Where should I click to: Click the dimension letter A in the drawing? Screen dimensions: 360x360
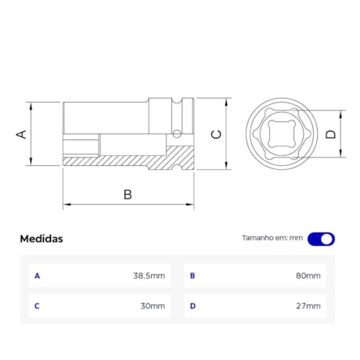click(22, 134)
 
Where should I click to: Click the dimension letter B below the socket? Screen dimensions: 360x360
click(128, 193)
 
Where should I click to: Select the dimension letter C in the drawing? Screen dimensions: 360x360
click(217, 134)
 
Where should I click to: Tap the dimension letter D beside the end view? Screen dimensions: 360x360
click(330, 134)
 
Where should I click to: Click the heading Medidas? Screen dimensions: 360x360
click(41, 239)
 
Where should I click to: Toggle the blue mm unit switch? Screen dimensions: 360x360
click(321, 239)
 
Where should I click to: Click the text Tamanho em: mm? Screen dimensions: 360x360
click(272, 239)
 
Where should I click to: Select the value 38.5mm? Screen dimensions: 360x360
click(149, 275)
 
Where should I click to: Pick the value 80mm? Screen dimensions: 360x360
click(308, 275)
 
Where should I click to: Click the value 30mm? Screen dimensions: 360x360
click(153, 306)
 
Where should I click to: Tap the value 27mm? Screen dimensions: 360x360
click(308, 306)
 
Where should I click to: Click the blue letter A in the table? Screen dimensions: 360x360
click(37, 275)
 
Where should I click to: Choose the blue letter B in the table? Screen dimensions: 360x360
click(193, 275)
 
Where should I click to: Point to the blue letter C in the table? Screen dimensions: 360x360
click(37, 306)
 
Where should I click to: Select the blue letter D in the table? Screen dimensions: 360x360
click(193, 306)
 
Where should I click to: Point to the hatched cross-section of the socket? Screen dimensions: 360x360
click(117, 161)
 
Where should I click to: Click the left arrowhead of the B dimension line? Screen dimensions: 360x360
click(66, 205)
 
